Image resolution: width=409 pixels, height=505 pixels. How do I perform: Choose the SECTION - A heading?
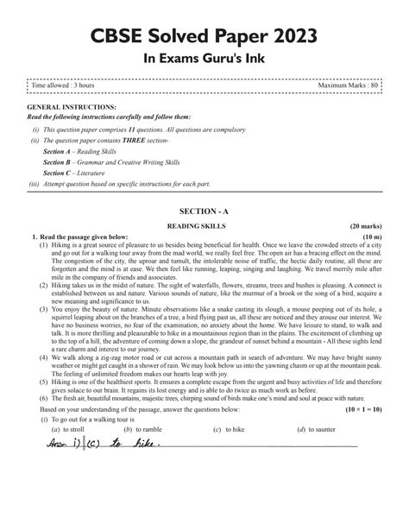pos(204,211)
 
